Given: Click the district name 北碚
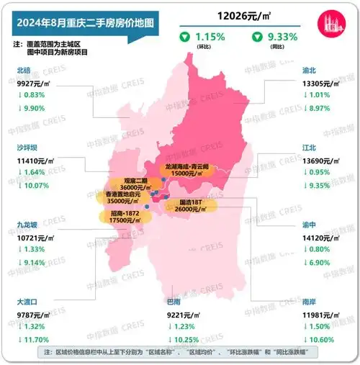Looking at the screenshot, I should [22, 71].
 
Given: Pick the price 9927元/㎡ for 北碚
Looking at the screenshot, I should [33, 84].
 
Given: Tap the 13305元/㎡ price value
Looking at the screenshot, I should [323, 84].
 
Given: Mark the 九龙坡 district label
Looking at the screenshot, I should [27, 224].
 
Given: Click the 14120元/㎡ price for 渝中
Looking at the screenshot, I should [323, 236].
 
